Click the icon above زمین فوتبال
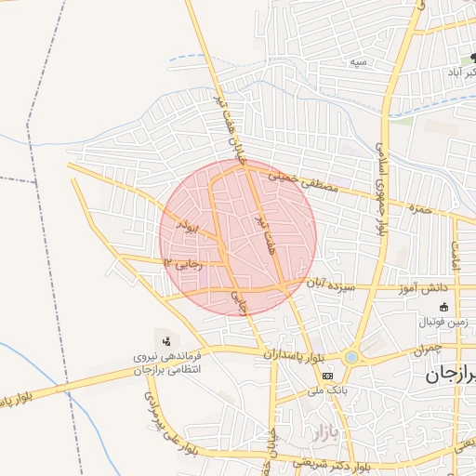click(443, 307)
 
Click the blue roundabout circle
click(351, 357)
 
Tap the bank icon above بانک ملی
click(327, 375)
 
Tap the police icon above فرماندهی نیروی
click(166, 340)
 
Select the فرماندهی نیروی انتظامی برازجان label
click(178, 362)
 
